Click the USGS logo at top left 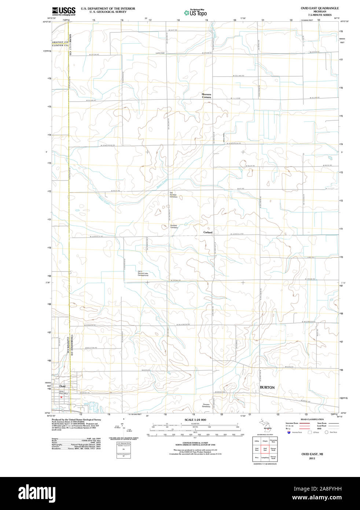pos(63,11)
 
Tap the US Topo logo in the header pos(195,13)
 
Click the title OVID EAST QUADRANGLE pos(320,8)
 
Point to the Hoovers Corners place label pos(206,96)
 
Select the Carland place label pos(208,232)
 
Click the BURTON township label pos(267,387)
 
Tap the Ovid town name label pos(62,386)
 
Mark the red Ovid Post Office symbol pos(62,397)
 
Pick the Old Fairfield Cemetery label pos(173,194)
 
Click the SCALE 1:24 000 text pos(195,420)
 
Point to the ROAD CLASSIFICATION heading pos(312,419)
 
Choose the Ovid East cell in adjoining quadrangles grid pos(265,449)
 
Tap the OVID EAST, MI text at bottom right pos(312,454)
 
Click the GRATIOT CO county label pos(60,42)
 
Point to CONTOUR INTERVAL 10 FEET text pos(195,443)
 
